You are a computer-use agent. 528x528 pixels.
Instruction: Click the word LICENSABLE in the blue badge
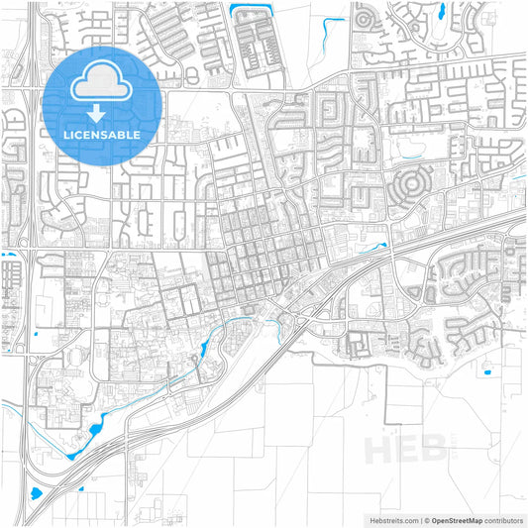(100, 134)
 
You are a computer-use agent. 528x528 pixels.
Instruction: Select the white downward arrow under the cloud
(101, 110)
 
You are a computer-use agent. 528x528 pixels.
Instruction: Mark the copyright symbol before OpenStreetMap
(426, 519)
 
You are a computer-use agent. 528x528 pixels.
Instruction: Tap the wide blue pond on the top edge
(243, 11)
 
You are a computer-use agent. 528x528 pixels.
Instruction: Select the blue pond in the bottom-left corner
(36, 492)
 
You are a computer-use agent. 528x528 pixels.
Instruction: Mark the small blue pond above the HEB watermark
(485, 372)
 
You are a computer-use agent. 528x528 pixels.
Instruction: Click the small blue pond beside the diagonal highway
(377, 244)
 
